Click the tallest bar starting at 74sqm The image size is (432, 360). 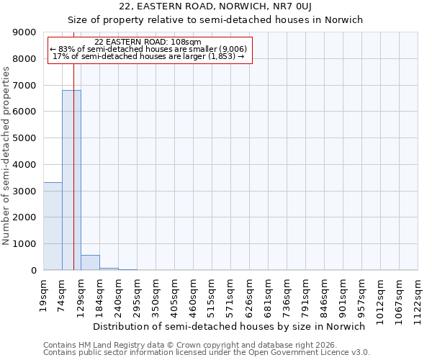(x=71, y=180)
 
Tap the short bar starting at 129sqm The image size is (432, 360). (x=90, y=263)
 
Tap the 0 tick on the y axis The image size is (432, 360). (x=33, y=271)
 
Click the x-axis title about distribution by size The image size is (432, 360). (x=230, y=326)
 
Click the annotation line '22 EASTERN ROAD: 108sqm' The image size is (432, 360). (x=148, y=42)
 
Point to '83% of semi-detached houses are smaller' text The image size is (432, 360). (x=148, y=50)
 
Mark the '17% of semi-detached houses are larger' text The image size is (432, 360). (x=148, y=57)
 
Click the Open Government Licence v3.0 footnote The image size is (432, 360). (x=207, y=353)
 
